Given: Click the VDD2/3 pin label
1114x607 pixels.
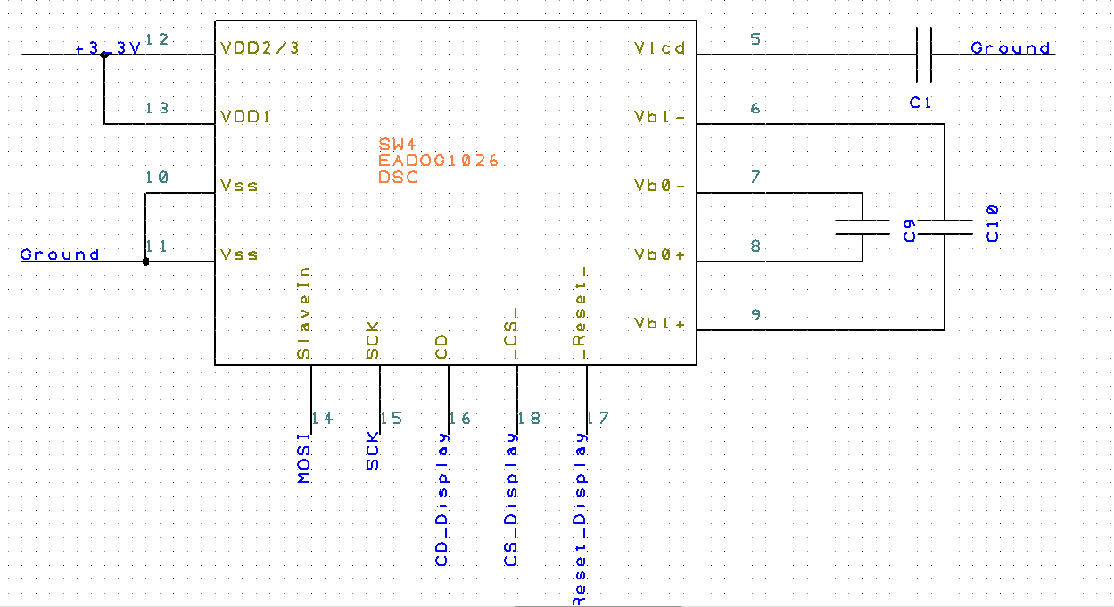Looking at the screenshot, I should [x=260, y=48].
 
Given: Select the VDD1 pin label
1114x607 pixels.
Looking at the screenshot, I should [x=246, y=117].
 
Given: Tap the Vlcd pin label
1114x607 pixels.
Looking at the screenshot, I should [x=660, y=48].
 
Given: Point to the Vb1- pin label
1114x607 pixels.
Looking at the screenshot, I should [x=660, y=117].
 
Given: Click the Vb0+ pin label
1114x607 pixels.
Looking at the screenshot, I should [x=660, y=254].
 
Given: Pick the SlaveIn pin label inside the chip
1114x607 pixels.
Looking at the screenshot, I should [x=304, y=312].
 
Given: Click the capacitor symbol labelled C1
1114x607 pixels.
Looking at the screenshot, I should [x=924, y=54].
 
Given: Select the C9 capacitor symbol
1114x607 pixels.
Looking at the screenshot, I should [x=862, y=227].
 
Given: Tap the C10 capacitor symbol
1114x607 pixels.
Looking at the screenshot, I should [x=945, y=227].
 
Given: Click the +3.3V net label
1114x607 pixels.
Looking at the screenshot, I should [x=108, y=48].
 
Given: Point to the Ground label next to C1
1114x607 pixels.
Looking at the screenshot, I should [x=1011, y=48].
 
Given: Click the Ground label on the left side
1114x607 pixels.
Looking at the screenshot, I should [x=60, y=255].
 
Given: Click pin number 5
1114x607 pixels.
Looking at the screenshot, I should [x=756, y=39].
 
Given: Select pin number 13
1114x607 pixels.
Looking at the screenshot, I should [x=157, y=108].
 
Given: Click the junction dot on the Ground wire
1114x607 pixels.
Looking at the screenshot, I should [x=146, y=262].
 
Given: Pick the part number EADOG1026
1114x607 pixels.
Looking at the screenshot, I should [x=438, y=161].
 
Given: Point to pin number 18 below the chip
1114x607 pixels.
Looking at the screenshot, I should [x=529, y=418].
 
